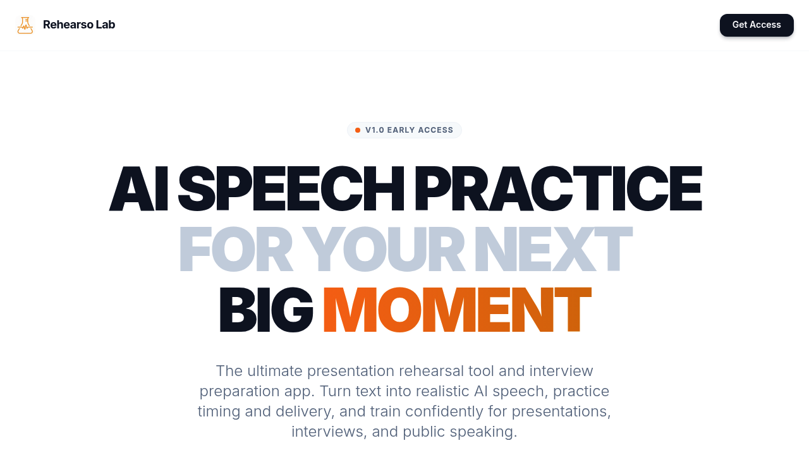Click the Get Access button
click(757, 25)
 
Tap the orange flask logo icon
click(25, 25)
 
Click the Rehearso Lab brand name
click(79, 25)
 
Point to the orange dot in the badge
click(358, 130)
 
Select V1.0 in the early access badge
click(375, 130)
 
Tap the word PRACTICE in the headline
click(559, 188)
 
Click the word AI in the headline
click(138, 188)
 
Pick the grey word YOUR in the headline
click(384, 249)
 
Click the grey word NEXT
click(553, 249)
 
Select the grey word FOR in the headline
click(236, 249)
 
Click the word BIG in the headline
click(266, 310)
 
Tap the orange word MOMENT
click(457, 310)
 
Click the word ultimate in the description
click(275, 371)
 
